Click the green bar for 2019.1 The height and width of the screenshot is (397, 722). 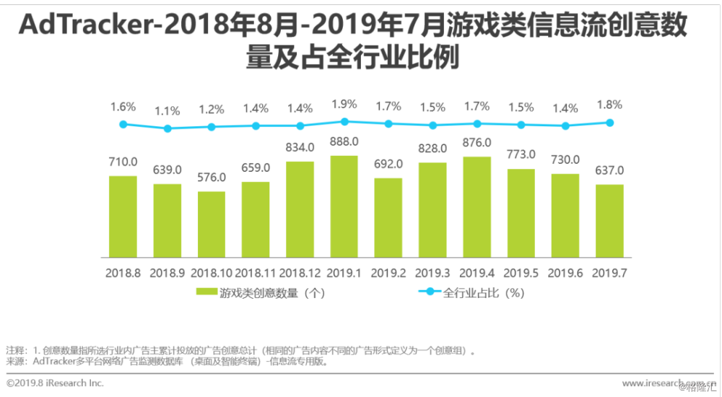(344, 207)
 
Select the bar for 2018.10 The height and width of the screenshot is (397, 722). (212, 224)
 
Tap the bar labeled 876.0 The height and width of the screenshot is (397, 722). (477, 208)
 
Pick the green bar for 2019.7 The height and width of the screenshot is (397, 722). (609, 221)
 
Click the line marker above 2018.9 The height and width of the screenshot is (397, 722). (168, 128)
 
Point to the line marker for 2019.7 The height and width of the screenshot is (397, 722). (610, 123)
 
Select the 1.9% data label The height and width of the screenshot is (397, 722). (344, 104)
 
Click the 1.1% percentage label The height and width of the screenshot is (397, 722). (168, 110)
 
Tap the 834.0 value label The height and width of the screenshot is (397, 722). (300, 147)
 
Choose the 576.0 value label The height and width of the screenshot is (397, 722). (212, 178)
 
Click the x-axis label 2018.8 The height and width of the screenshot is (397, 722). (123, 274)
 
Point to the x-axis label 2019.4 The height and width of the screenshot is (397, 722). (477, 274)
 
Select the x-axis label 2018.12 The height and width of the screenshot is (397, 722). (300, 274)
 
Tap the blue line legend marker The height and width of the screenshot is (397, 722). (429, 292)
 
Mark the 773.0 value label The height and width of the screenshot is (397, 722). (521, 154)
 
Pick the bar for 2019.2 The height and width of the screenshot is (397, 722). (388, 218)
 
